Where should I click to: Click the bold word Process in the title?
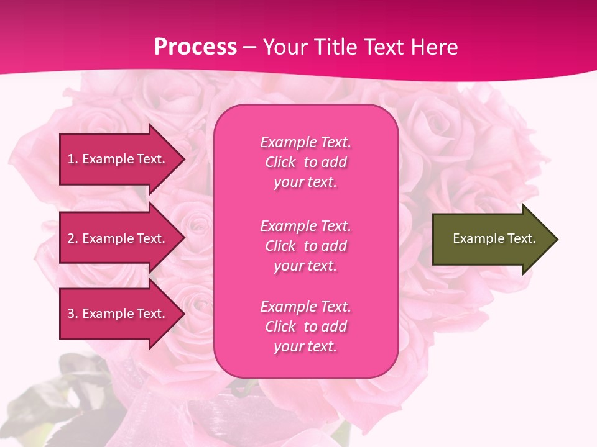(195, 47)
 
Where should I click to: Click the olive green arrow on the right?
(491, 238)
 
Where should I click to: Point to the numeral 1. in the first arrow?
(73, 159)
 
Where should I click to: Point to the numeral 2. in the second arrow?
(73, 238)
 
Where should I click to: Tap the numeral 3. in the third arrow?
(73, 314)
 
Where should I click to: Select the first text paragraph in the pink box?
(305, 162)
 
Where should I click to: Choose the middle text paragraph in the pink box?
(305, 246)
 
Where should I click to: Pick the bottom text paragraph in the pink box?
(305, 327)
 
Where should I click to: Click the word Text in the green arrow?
(521, 238)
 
